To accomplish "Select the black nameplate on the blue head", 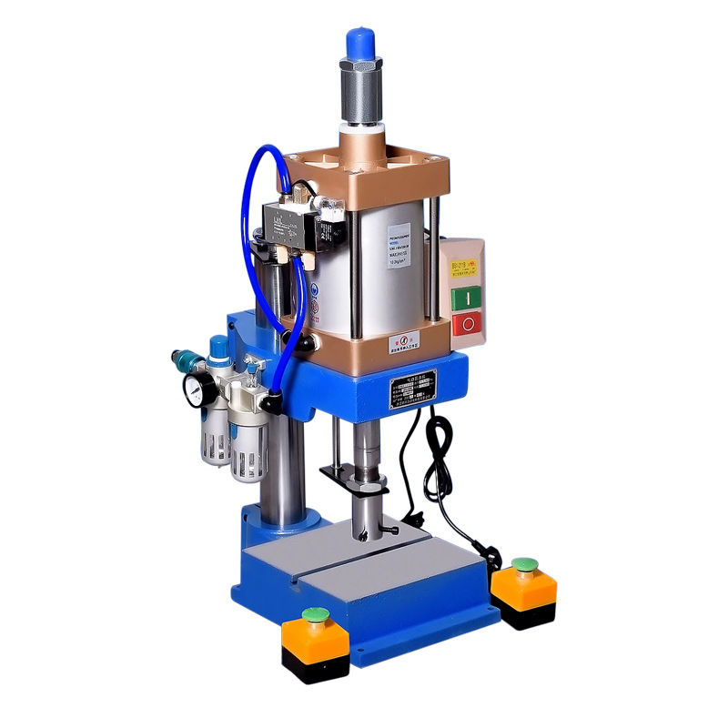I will click(x=414, y=389).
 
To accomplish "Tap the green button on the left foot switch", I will click(x=316, y=614).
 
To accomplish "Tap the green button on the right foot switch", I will click(x=523, y=564).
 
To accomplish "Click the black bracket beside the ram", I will click(x=341, y=472).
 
